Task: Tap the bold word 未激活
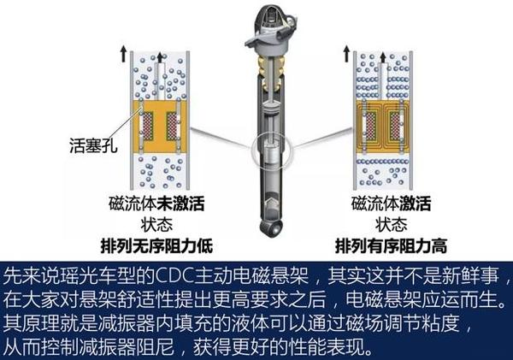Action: pyautogui.click(x=192, y=203)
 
